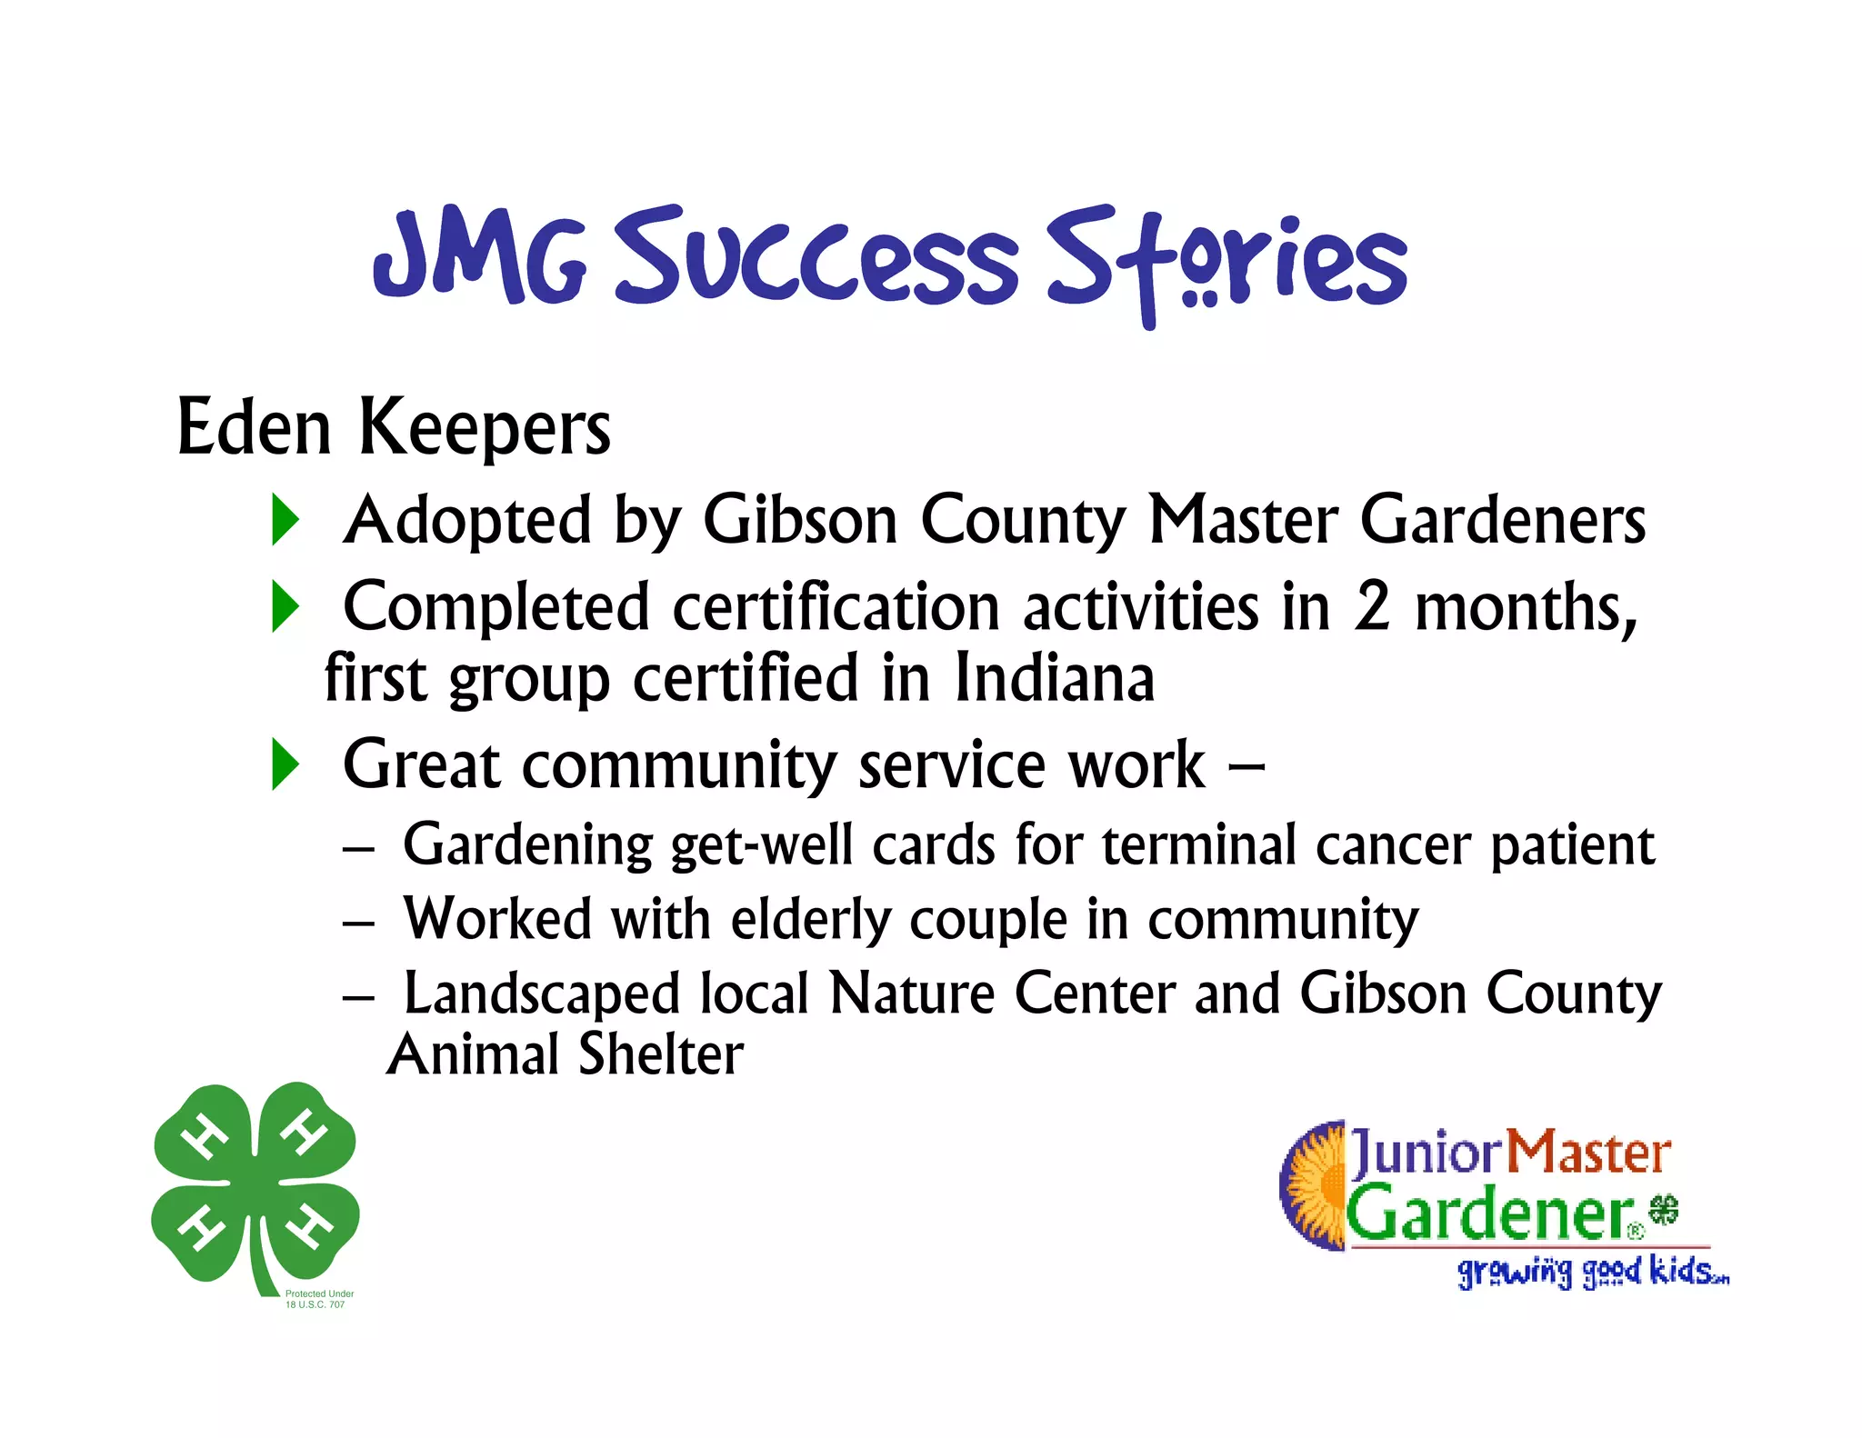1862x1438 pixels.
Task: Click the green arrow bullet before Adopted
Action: point(285,520)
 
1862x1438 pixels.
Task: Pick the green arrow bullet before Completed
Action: point(285,606)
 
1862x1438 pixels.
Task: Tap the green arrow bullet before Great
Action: point(285,764)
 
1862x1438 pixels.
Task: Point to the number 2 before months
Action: point(1371,606)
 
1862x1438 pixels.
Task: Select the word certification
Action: point(836,606)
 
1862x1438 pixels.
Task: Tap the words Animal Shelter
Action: point(566,1054)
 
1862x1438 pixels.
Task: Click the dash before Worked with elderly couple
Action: point(358,923)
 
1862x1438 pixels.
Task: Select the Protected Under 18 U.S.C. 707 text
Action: point(318,1299)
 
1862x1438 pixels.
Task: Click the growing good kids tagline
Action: point(1592,1272)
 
